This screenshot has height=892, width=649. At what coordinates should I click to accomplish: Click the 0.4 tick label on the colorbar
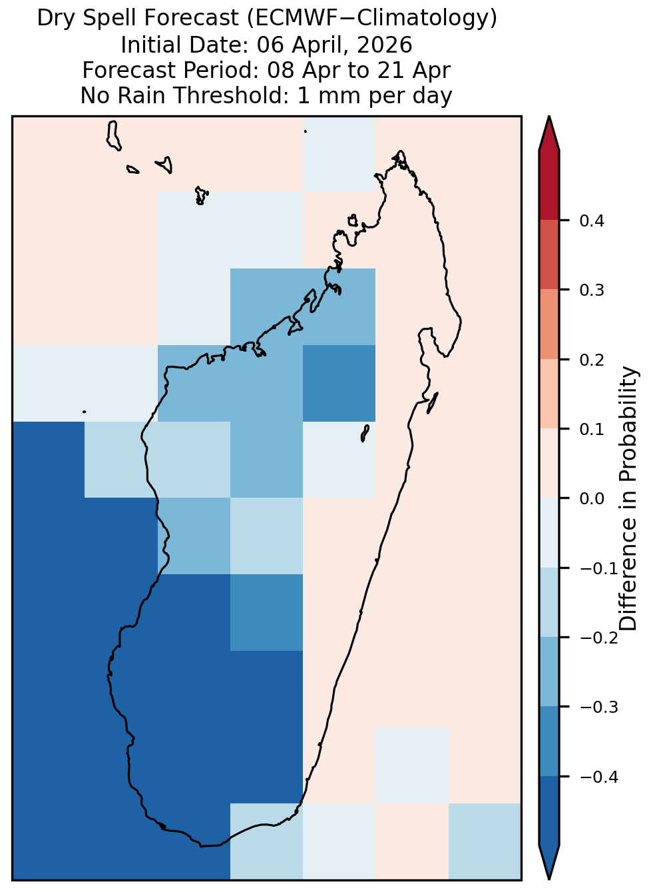coord(591,221)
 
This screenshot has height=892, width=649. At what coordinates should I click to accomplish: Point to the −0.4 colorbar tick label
coord(599,777)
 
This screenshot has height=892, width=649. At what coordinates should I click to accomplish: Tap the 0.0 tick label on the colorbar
coord(591,498)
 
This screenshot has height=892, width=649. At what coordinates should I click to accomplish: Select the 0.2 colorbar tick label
coord(591,360)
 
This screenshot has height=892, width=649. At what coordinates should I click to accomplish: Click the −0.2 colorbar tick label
coord(599,638)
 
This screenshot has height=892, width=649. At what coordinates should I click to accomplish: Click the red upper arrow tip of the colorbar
coord(549,117)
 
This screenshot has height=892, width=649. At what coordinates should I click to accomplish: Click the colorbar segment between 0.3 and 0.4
coord(549,255)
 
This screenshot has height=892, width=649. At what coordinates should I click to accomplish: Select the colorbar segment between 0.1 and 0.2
coord(549,394)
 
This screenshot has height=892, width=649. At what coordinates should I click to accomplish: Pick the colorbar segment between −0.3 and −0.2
coord(549,671)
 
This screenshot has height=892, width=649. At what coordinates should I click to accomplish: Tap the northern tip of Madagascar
coord(401,151)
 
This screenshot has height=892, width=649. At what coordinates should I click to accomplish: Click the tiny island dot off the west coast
coord(84,412)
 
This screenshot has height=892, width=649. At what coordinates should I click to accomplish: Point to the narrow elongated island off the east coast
coord(433,403)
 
